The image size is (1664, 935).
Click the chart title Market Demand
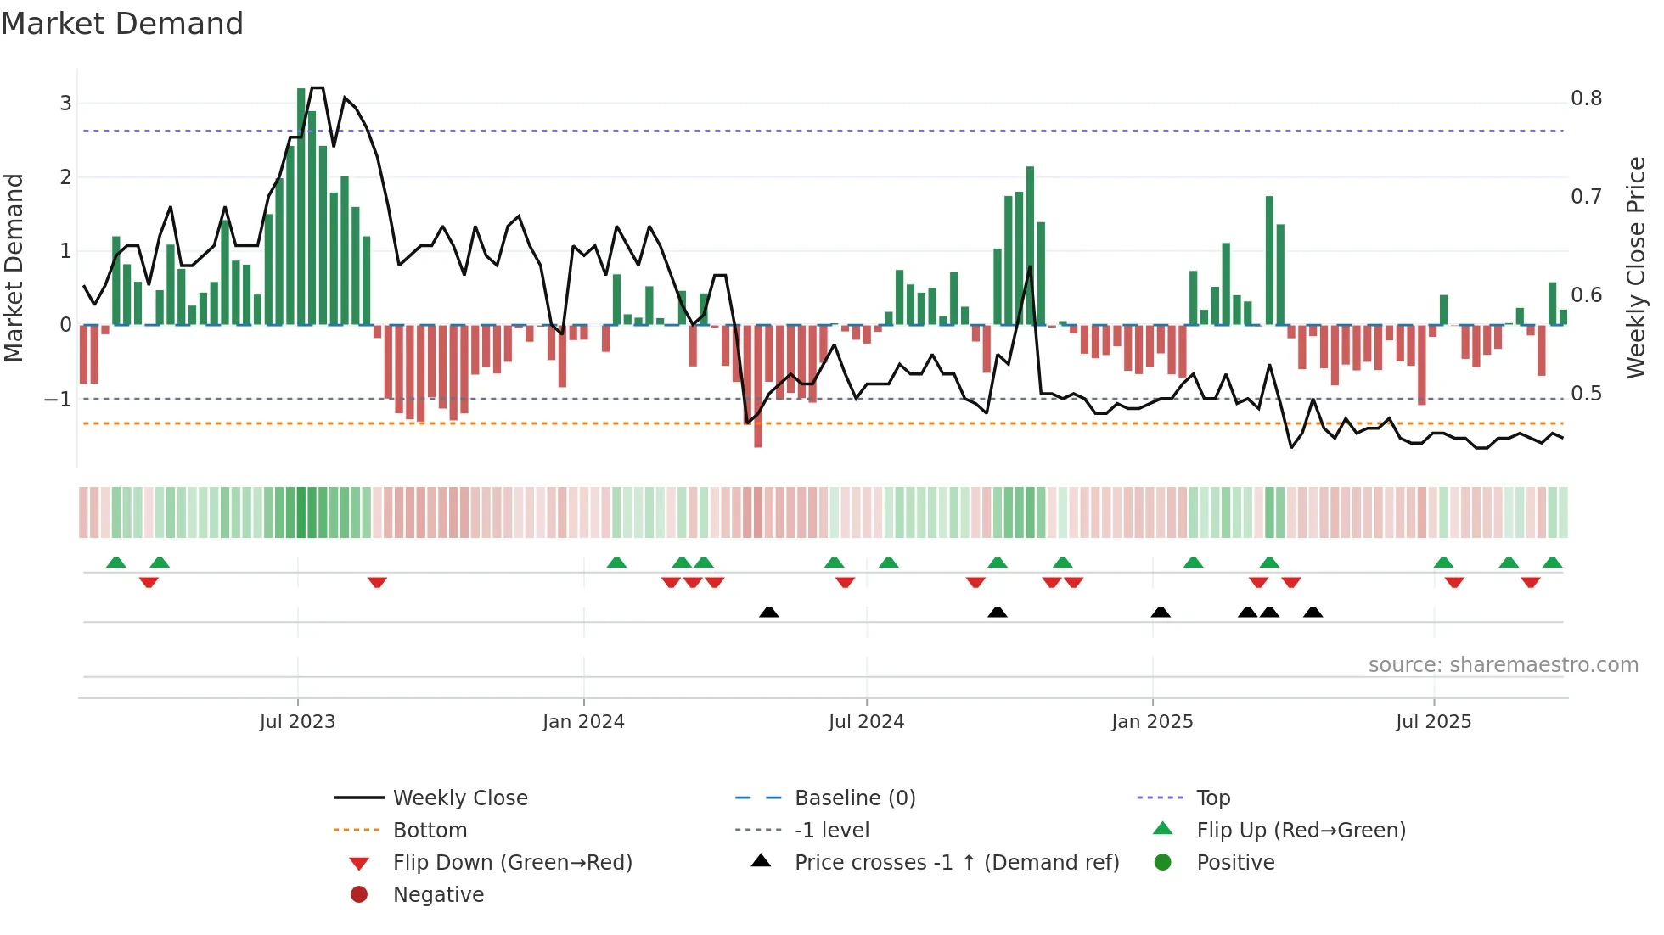click(x=122, y=24)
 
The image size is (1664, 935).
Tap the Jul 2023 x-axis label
click(x=297, y=722)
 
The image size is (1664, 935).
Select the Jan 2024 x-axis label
click(x=583, y=722)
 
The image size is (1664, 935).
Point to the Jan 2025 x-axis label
click(x=1152, y=722)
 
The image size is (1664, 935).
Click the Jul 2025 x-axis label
click(x=1433, y=722)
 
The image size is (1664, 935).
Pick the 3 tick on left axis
click(x=65, y=104)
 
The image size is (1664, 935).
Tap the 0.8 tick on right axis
click(x=1586, y=98)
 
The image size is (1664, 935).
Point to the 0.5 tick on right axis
click(x=1586, y=394)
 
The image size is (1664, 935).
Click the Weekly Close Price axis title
click(x=1636, y=267)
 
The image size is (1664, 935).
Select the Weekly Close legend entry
click(x=459, y=798)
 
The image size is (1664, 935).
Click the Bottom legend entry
click(x=430, y=831)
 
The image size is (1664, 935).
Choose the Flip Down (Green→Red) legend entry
click(x=512, y=863)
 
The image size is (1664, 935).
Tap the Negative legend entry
click(x=438, y=895)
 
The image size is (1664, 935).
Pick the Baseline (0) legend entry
click(x=854, y=798)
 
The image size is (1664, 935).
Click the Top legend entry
click(x=1212, y=798)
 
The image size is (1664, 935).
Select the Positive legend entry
click(x=1235, y=863)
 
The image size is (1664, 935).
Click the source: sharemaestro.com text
click(x=1503, y=665)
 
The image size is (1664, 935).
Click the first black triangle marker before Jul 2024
click(x=768, y=612)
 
